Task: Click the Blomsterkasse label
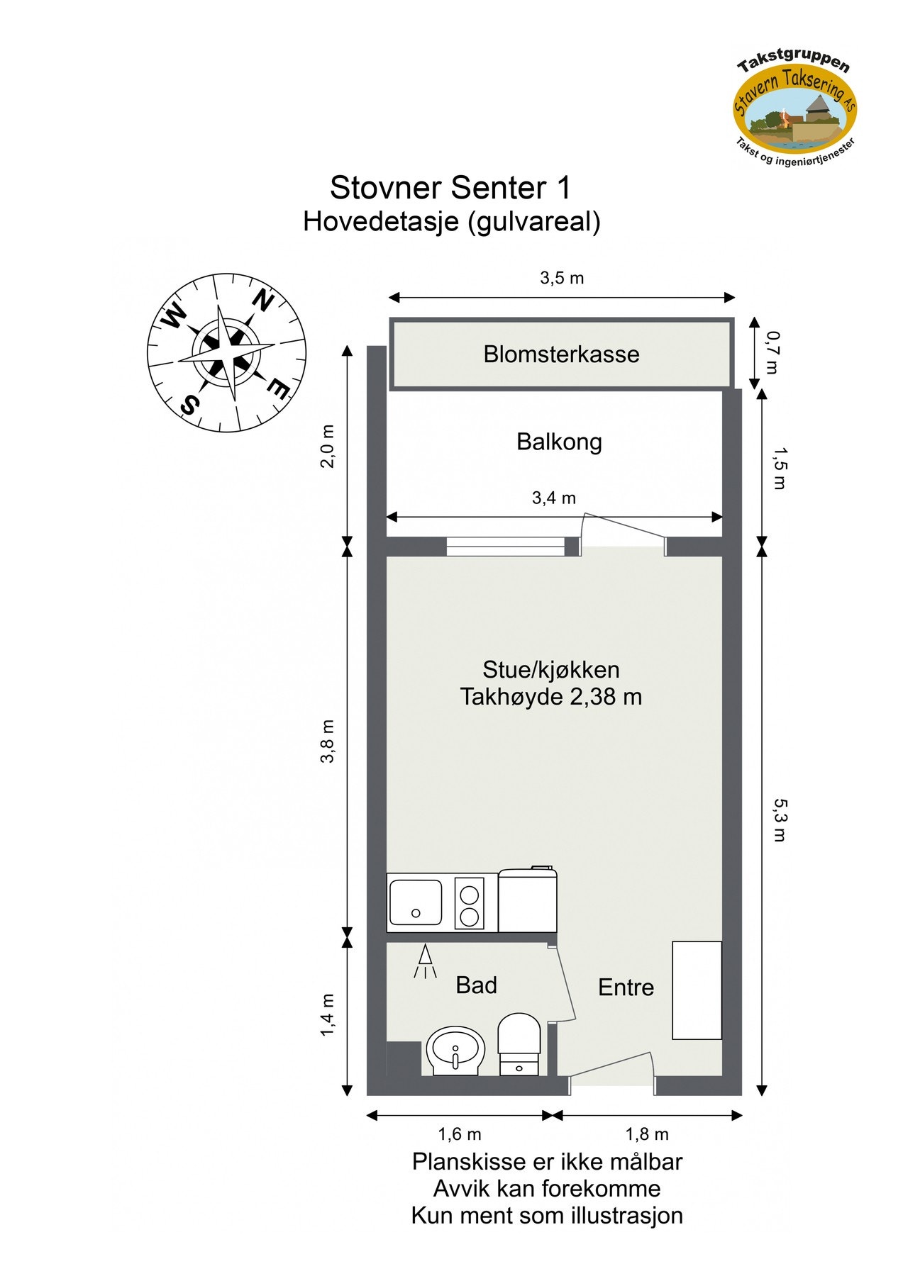(561, 354)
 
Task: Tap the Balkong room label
(559, 442)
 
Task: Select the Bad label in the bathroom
(476, 985)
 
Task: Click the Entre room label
(626, 987)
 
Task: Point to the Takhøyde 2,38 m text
(550, 697)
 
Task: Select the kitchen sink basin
(415, 902)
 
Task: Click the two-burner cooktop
(469, 902)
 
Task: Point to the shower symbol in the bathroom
(425, 961)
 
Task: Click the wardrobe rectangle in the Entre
(697, 990)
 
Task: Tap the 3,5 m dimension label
(562, 278)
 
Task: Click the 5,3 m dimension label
(779, 819)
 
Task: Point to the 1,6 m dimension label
(460, 1134)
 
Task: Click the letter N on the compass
(262, 301)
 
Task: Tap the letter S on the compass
(189, 405)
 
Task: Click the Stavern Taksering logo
(794, 106)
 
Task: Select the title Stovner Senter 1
(450, 188)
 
